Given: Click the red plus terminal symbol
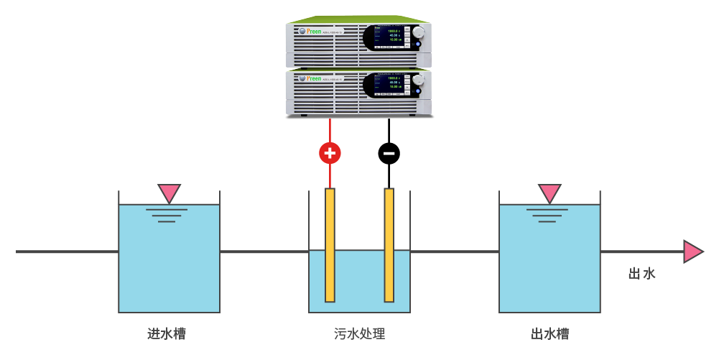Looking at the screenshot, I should (x=330, y=152).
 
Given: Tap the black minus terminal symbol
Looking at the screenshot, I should (x=389, y=152).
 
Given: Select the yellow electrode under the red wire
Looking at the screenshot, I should (x=330, y=244).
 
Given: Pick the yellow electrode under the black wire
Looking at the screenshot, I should (x=389, y=244).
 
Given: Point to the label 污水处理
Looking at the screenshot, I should (x=359, y=334).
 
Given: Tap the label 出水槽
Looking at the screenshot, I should (x=550, y=334).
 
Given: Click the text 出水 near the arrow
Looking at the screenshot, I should (x=641, y=274).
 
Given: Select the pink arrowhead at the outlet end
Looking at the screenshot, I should (x=692, y=251).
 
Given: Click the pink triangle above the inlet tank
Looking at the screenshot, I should (x=170, y=193).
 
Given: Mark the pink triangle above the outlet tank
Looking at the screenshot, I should (x=549, y=193).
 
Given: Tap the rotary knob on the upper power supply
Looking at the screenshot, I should (x=418, y=32).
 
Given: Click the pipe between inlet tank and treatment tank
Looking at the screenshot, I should (x=264, y=251).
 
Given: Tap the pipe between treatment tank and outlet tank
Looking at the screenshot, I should (x=454, y=251).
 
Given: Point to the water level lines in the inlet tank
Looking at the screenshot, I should (x=167, y=215).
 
